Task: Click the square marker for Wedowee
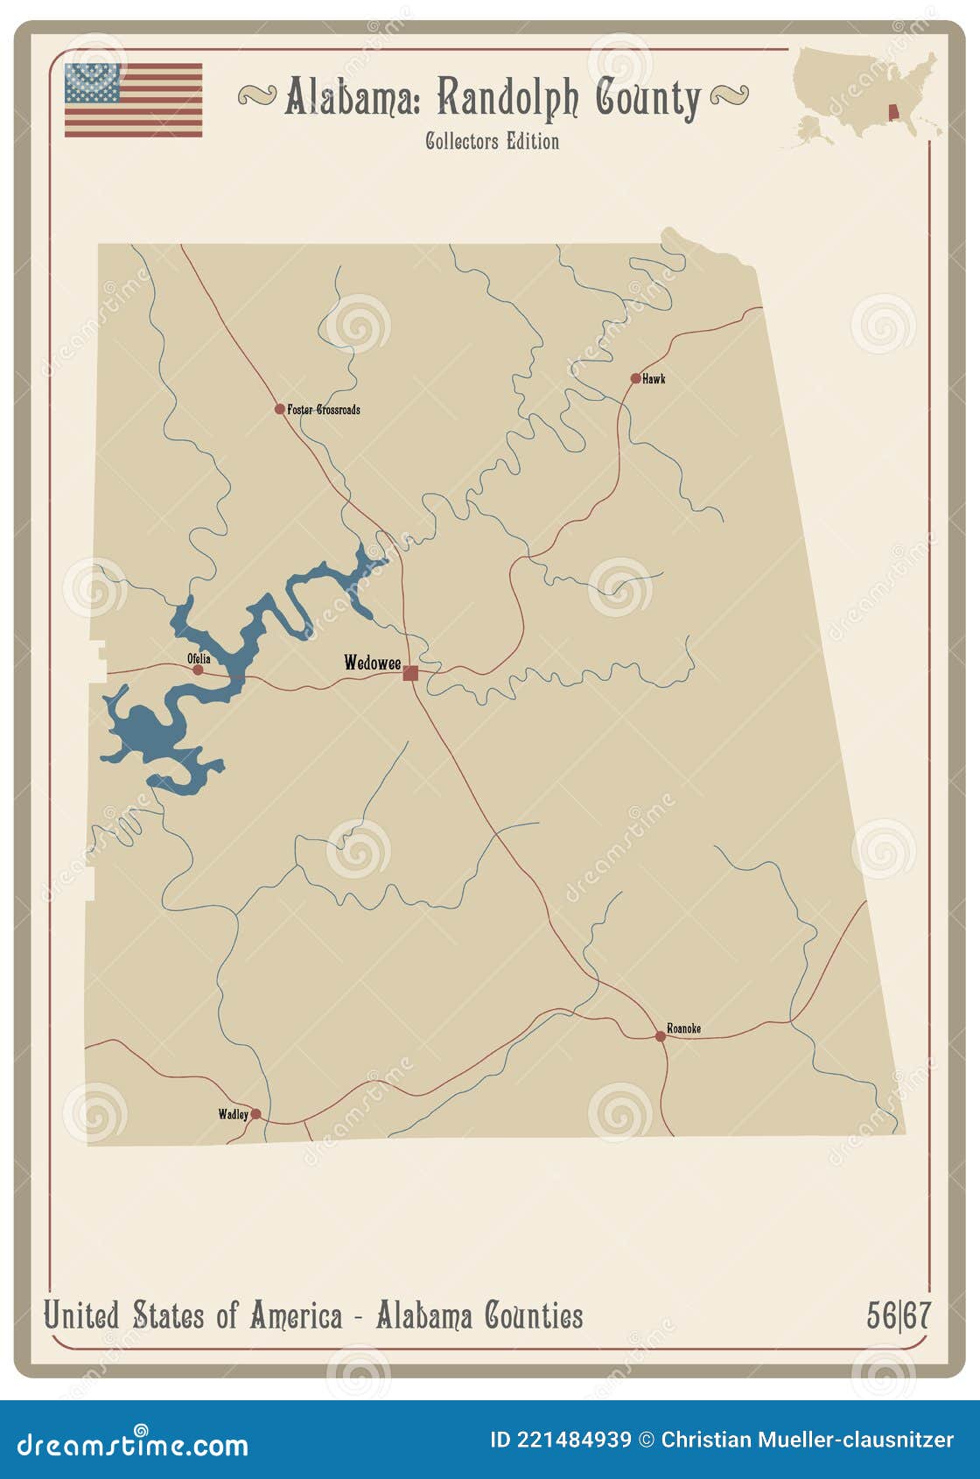410,673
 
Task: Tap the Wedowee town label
372,662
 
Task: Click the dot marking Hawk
635,379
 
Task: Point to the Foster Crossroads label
324,410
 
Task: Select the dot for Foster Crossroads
279,409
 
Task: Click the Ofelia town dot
198,670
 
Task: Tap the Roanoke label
683,1028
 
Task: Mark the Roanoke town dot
661,1036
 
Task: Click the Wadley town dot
255,1114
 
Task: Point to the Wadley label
233,1114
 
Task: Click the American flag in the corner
133,100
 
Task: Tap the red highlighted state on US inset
893,114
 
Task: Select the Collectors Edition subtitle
492,141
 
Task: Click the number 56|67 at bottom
899,1315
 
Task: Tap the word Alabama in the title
352,98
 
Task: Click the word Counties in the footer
534,1315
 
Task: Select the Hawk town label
654,379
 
